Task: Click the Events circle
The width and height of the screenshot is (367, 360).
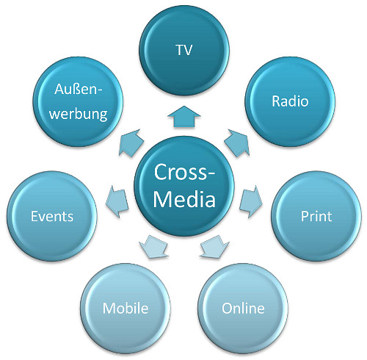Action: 51,216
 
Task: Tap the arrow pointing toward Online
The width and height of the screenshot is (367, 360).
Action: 214,245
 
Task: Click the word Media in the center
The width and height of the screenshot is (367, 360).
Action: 184,199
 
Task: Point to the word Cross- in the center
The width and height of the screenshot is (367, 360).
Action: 184,172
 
